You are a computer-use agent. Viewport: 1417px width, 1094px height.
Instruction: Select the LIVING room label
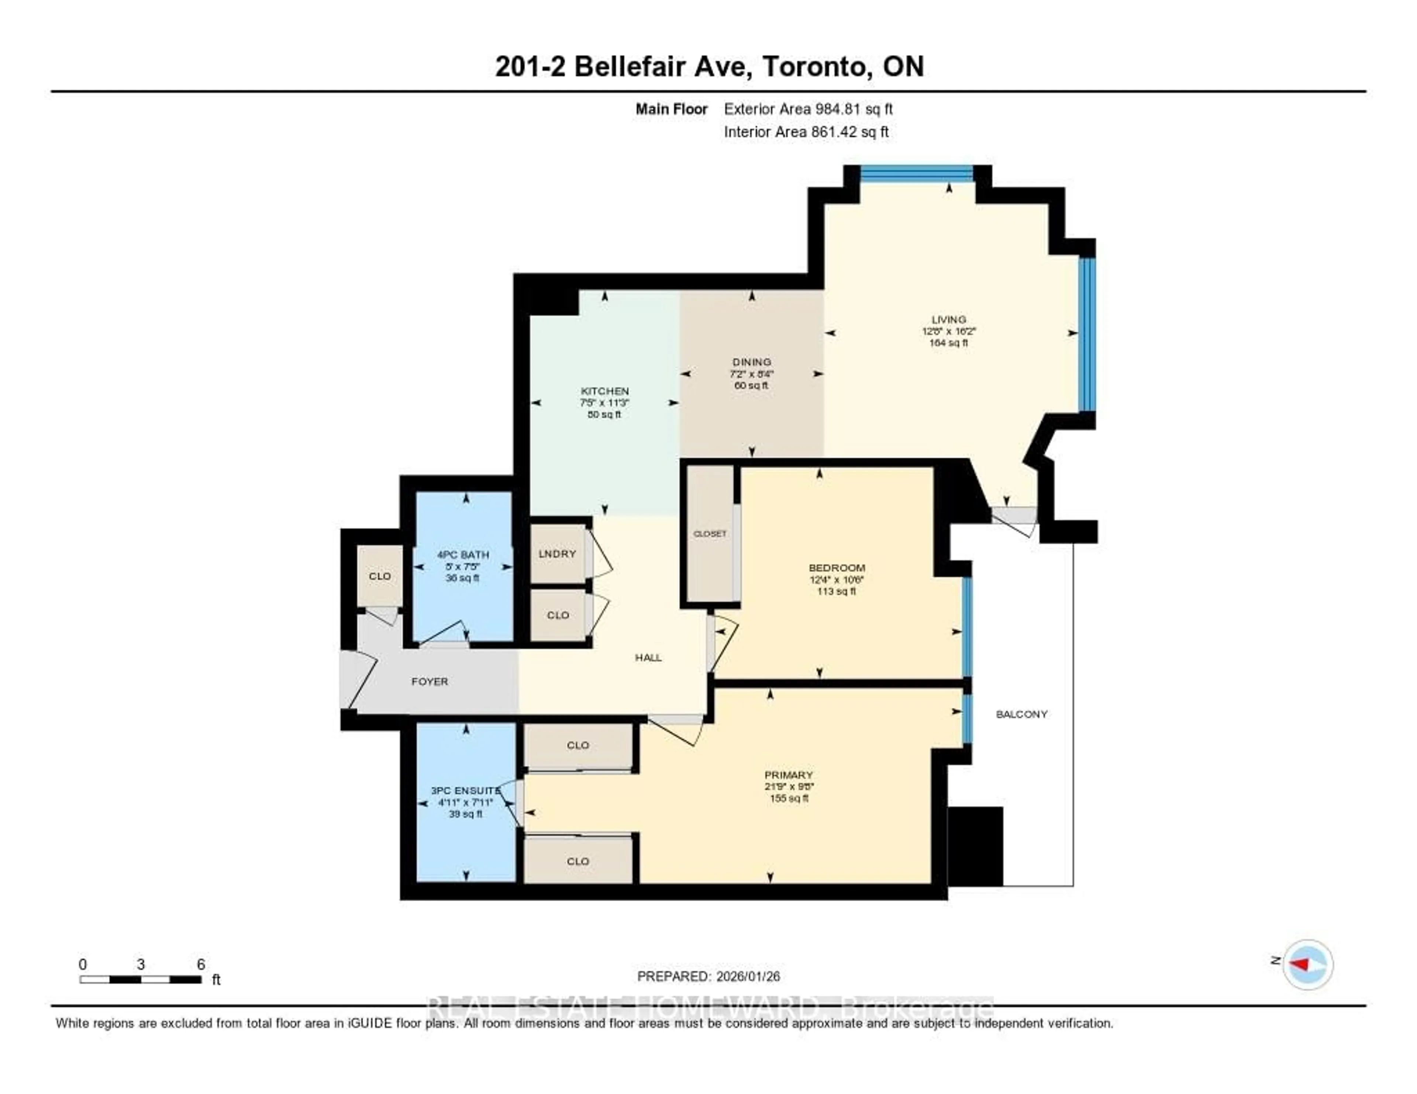click(949, 319)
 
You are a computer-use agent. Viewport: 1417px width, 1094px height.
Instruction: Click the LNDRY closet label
click(557, 554)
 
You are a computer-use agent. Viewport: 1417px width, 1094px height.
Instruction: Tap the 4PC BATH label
click(463, 554)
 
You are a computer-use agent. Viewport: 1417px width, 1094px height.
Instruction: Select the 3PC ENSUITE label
click(465, 790)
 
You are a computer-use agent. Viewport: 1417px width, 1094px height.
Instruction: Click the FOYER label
click(430, 682)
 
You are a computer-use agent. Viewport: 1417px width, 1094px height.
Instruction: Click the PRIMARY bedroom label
click(788, 775)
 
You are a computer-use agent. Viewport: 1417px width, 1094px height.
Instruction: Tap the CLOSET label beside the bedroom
click(710, 534)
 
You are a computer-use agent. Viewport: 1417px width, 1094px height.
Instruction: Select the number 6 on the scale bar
click(201, 964)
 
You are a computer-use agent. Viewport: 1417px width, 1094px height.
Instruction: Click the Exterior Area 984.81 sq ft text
click(808, 109)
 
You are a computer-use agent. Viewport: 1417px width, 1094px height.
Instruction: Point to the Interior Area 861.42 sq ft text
click(806, 132)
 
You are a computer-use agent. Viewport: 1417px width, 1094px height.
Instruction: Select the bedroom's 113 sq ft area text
click(836, 591)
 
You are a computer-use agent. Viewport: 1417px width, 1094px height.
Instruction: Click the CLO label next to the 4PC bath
click(380, 576)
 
